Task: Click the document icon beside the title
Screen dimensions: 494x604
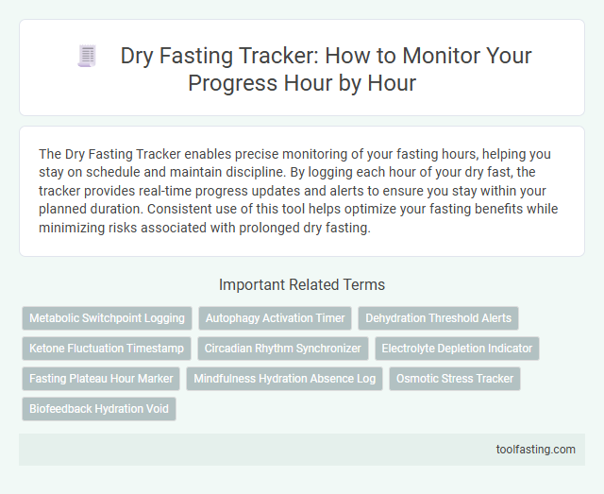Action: (x=88, y=57)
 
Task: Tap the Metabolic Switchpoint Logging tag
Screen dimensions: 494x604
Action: (x=107, y=318)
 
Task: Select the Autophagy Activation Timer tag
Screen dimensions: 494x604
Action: (x=275, y=318)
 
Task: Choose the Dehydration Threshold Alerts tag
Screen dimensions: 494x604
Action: (x=439, y=318)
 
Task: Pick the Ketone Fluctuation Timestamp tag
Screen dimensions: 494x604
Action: (x=107, y=349)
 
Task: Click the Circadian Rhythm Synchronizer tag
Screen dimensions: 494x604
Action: (x=283, y=349)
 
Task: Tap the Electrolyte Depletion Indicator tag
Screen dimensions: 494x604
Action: (x=457, y=349)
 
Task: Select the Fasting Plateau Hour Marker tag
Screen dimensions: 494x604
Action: (x=101, y=379)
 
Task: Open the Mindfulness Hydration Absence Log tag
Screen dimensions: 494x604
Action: (x=281, y=379)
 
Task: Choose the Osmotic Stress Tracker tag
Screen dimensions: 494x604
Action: (x=455, y=379)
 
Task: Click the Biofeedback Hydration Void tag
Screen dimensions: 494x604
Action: (x=99, y=409)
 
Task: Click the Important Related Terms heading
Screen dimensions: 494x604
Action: (x=302, y=284)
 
